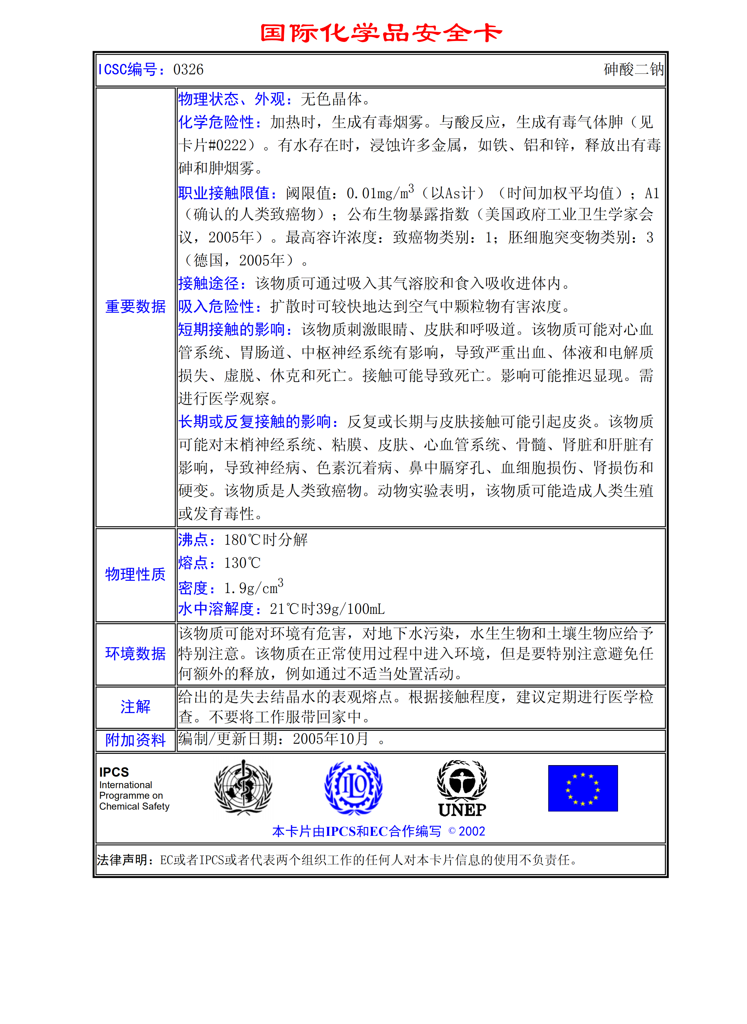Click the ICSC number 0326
pyautogui.click(x=188, y=70)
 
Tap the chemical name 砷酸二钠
pyautogui.click(x=633, y=70)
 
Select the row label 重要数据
pyautogui.click(x=135, y=307)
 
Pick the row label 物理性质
pyautogui.click(x=135, y=574)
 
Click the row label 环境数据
pyautogui.click(x=135, y=653)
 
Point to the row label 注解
pyautogui.click(x=135, y=706)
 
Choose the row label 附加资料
pyautogui.click(x=135, y=740)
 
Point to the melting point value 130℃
pyautogui.click(x=242, y=563)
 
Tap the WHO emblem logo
pyautogui.click(x=243, y=787)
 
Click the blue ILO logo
pyautogui.click(x=354, y=788)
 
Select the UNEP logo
pyautogui.click(x=462, y=788)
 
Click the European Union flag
pyautogui.click(x=582, y=788)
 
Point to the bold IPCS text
pyautogui.click(x=114, y=772)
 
